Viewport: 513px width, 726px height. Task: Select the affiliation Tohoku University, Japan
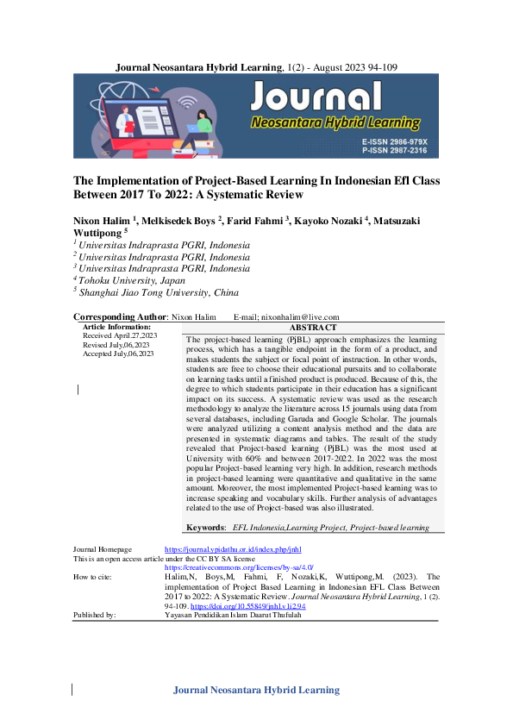(129, 279)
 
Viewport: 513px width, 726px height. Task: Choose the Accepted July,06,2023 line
(118, 354)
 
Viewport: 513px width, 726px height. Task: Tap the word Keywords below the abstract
(206, 527)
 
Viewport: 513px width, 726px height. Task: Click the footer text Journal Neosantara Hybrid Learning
(256, 690)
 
